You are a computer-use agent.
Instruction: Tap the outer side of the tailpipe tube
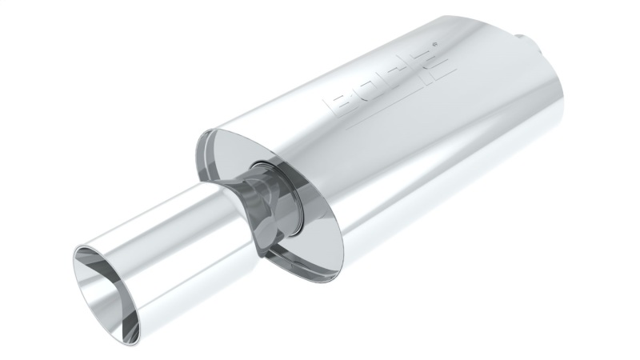184,240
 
